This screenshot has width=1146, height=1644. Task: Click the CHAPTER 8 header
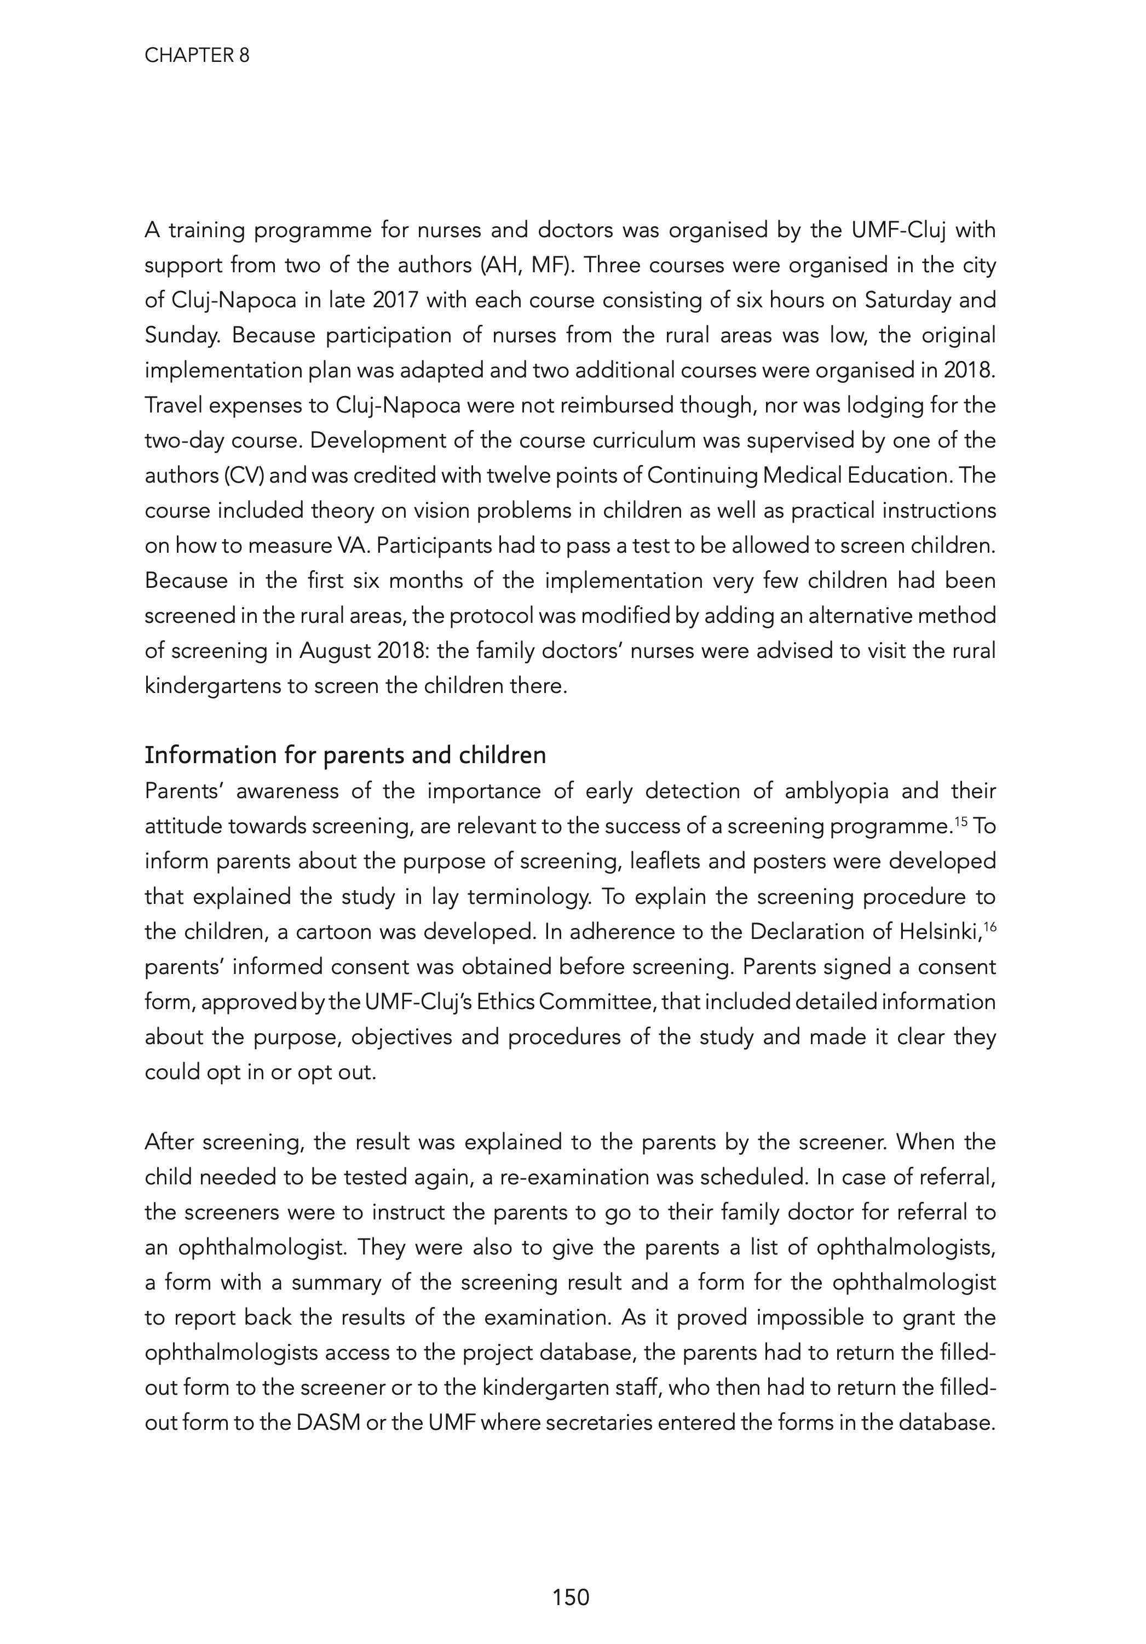[197, 56]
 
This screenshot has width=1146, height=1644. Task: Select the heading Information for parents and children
[345, 755]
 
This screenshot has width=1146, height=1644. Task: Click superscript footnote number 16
[989, 925]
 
